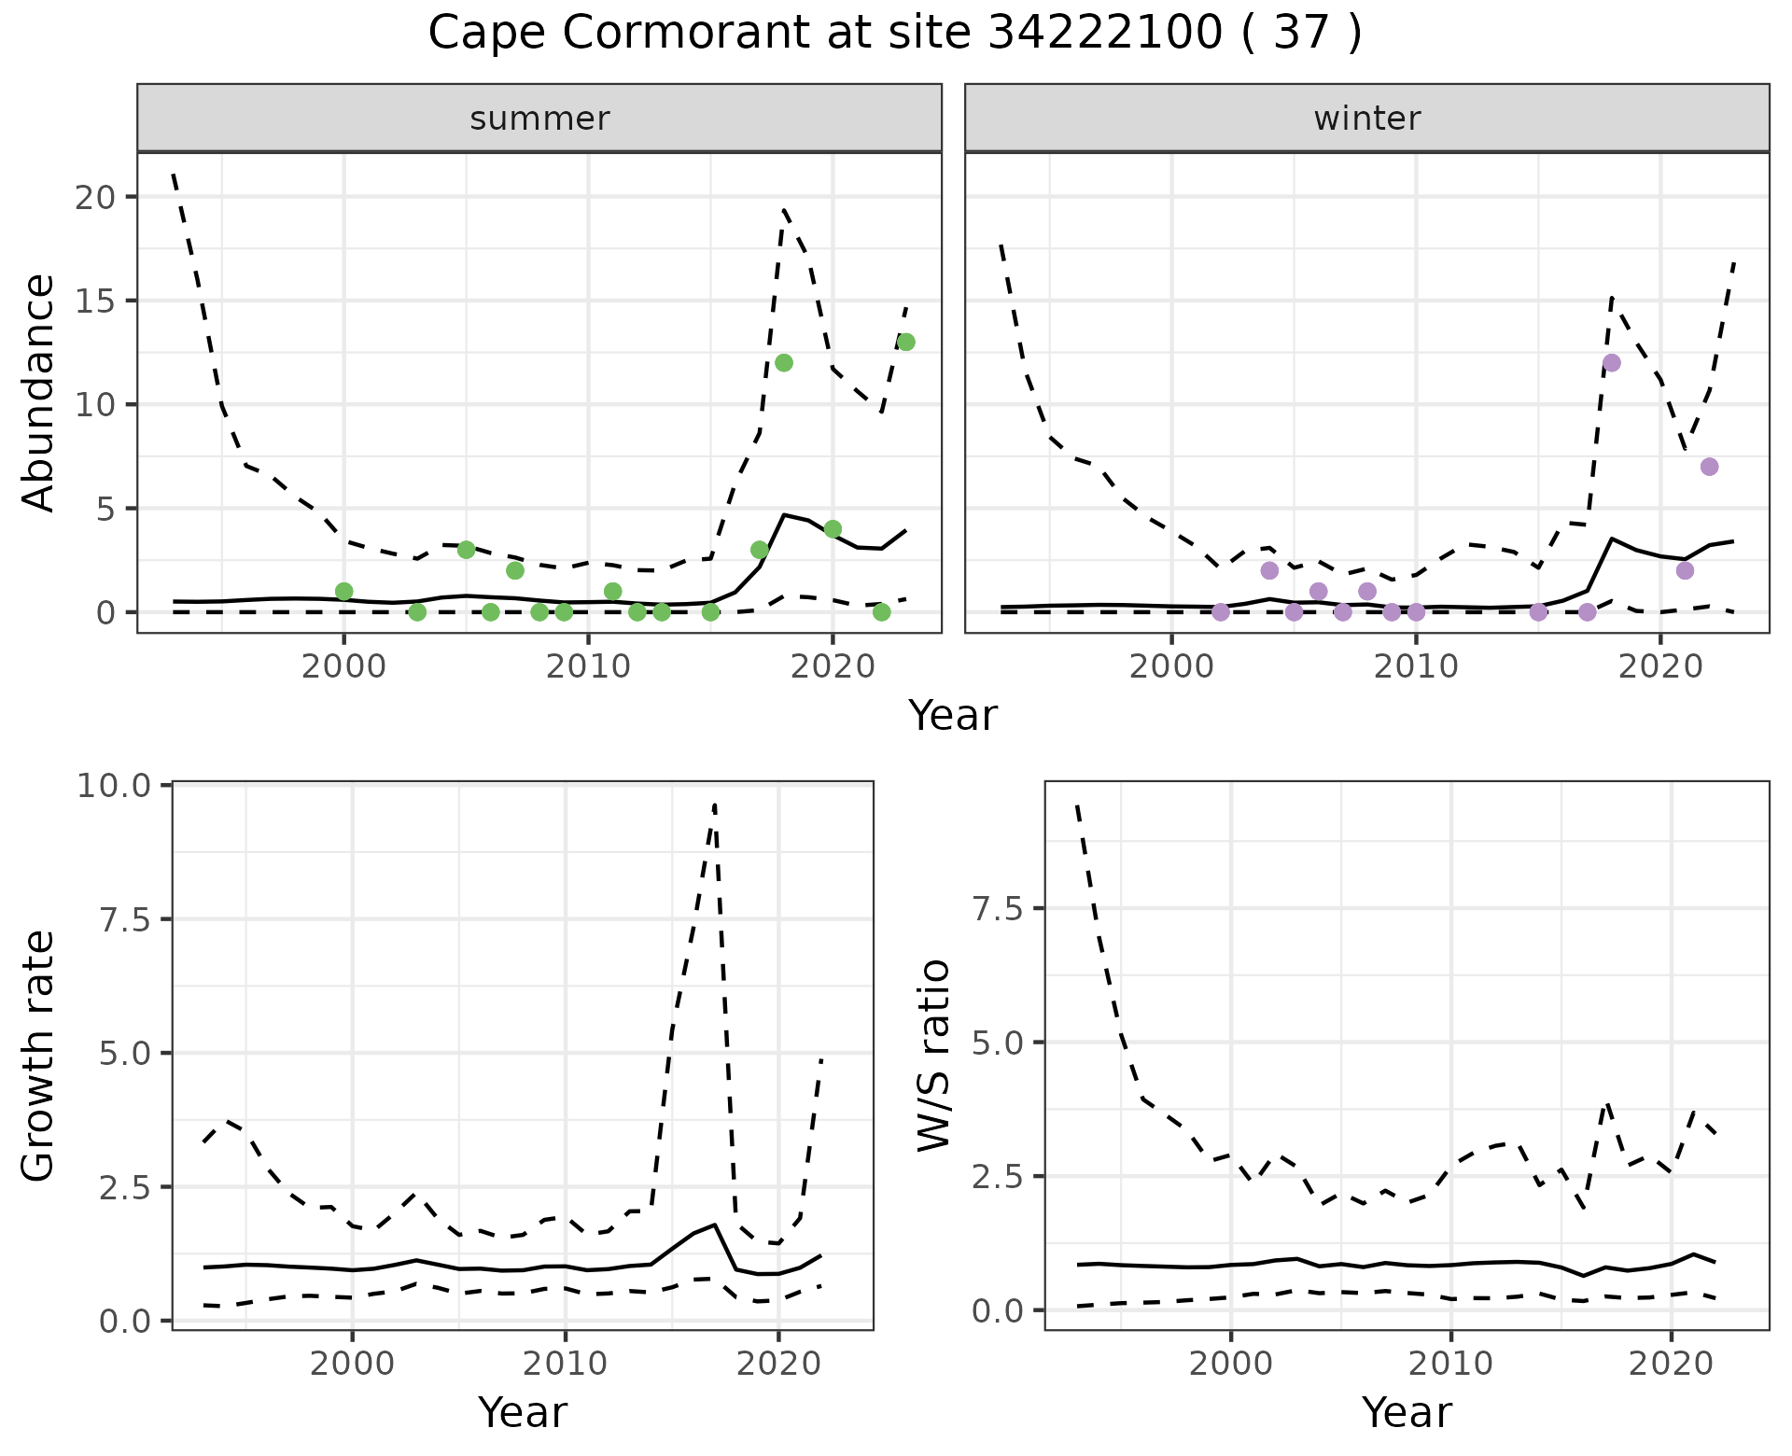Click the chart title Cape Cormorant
pyautogui.click(x=894, y=34)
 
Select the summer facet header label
pyautogui.click(x=539, y=119)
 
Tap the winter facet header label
pyautogui.click(x=1366, y=119)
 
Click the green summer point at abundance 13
pyautogui.click(x=905, y=343)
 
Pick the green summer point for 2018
pyautogui.click(x=784, y=363)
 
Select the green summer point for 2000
pyautogui.click(x=343, y=592)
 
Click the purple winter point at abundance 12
pyautogui.click(x=1611, y=363)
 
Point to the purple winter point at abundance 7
pyautogui.click(x=1709, y=467)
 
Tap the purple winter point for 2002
pyautogui.click(x=1221, y=612)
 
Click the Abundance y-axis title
pyautogui.click(x=39, y=393)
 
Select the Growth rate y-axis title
pyautogui.click(x=39, y=1056)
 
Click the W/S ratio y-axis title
pyautogui.click(x=933, y=1056)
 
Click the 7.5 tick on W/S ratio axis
pyautogui.click(x=997, y=909)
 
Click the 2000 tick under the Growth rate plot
pyautogui.click(x=352, y=1364)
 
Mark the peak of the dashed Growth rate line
pyautogui.click(x=715, y=805)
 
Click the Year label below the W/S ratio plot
pyautogui.click(x=1407, y=1413)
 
